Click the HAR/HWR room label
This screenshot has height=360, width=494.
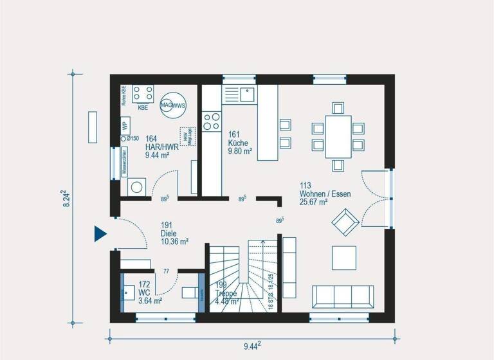point(158,147)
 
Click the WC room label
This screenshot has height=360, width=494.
point(150,292)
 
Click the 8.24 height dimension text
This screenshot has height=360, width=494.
point(62,197)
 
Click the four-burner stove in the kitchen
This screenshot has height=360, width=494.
point(211,122)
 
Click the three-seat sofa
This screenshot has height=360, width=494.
point(342,297)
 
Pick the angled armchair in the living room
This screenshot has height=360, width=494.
point(345,222)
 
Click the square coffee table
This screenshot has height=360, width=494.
point(343,258)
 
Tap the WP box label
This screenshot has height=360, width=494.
point(125,126)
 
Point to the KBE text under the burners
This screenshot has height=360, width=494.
point(143,107)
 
